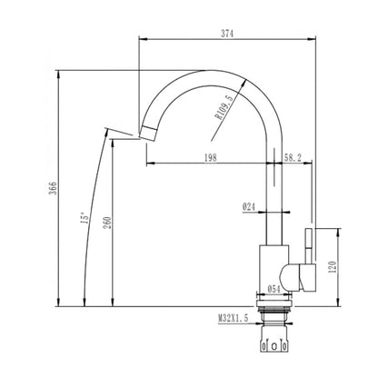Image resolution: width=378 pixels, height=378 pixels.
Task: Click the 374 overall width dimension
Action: pyautogui.click(x=227, y=34)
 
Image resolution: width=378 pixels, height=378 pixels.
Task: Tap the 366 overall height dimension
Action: pyautogui.click(x=53, y=188)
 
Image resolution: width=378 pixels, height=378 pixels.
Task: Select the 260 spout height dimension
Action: pyautogui.click(x=108, y=223)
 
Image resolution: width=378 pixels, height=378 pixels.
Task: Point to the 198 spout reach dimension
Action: pyautogui.click(x=211, y=157)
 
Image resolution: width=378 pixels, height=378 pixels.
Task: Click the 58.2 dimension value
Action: pyautogui.click(x=293, y=157)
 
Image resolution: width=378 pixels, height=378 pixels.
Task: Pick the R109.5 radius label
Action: pyautogui.click(x=224, y=108)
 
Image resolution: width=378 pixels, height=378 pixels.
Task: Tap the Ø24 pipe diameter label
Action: pyautogui.click(x=248, y=207)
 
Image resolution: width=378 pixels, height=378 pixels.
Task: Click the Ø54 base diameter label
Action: pyautogui.click(x=274, y=289)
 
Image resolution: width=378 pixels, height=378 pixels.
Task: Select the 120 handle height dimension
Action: pyautogui.click(x=333, y=267)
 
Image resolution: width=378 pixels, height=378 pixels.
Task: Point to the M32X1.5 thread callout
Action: pyautogui.click(x=234, y=318)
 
